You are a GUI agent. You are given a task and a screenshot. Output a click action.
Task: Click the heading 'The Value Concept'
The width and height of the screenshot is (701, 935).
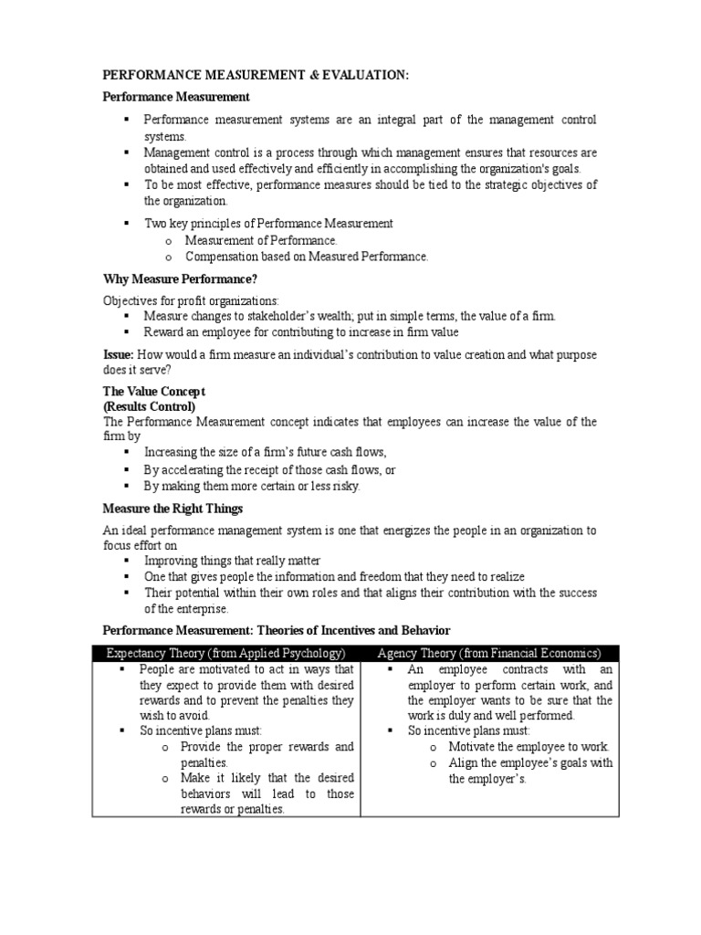153,391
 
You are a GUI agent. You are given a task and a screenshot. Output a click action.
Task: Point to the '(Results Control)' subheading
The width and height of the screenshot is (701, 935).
149,406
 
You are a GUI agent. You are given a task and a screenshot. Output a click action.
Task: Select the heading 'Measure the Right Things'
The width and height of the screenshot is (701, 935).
173,508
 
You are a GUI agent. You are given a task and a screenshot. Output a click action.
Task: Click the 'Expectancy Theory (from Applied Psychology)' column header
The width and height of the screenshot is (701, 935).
226,653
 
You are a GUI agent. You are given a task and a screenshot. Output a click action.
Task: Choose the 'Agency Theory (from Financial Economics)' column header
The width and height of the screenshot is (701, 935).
490,653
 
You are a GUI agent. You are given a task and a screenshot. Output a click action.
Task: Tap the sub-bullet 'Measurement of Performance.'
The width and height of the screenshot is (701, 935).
261,240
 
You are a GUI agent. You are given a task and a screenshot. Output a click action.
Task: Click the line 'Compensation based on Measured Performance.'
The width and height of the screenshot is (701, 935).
306,257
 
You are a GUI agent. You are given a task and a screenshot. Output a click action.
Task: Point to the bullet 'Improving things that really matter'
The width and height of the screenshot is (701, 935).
233,560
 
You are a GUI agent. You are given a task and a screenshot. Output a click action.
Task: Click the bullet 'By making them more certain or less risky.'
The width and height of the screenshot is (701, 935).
252,486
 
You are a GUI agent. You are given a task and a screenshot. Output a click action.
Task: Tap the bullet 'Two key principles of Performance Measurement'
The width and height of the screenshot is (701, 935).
269,223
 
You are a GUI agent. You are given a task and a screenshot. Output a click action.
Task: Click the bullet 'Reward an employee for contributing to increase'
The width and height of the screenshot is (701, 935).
301,332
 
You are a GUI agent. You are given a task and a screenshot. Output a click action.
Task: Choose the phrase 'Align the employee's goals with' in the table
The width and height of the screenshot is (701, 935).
530,762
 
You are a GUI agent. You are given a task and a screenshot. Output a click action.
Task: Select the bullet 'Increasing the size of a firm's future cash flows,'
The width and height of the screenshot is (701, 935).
266,452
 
